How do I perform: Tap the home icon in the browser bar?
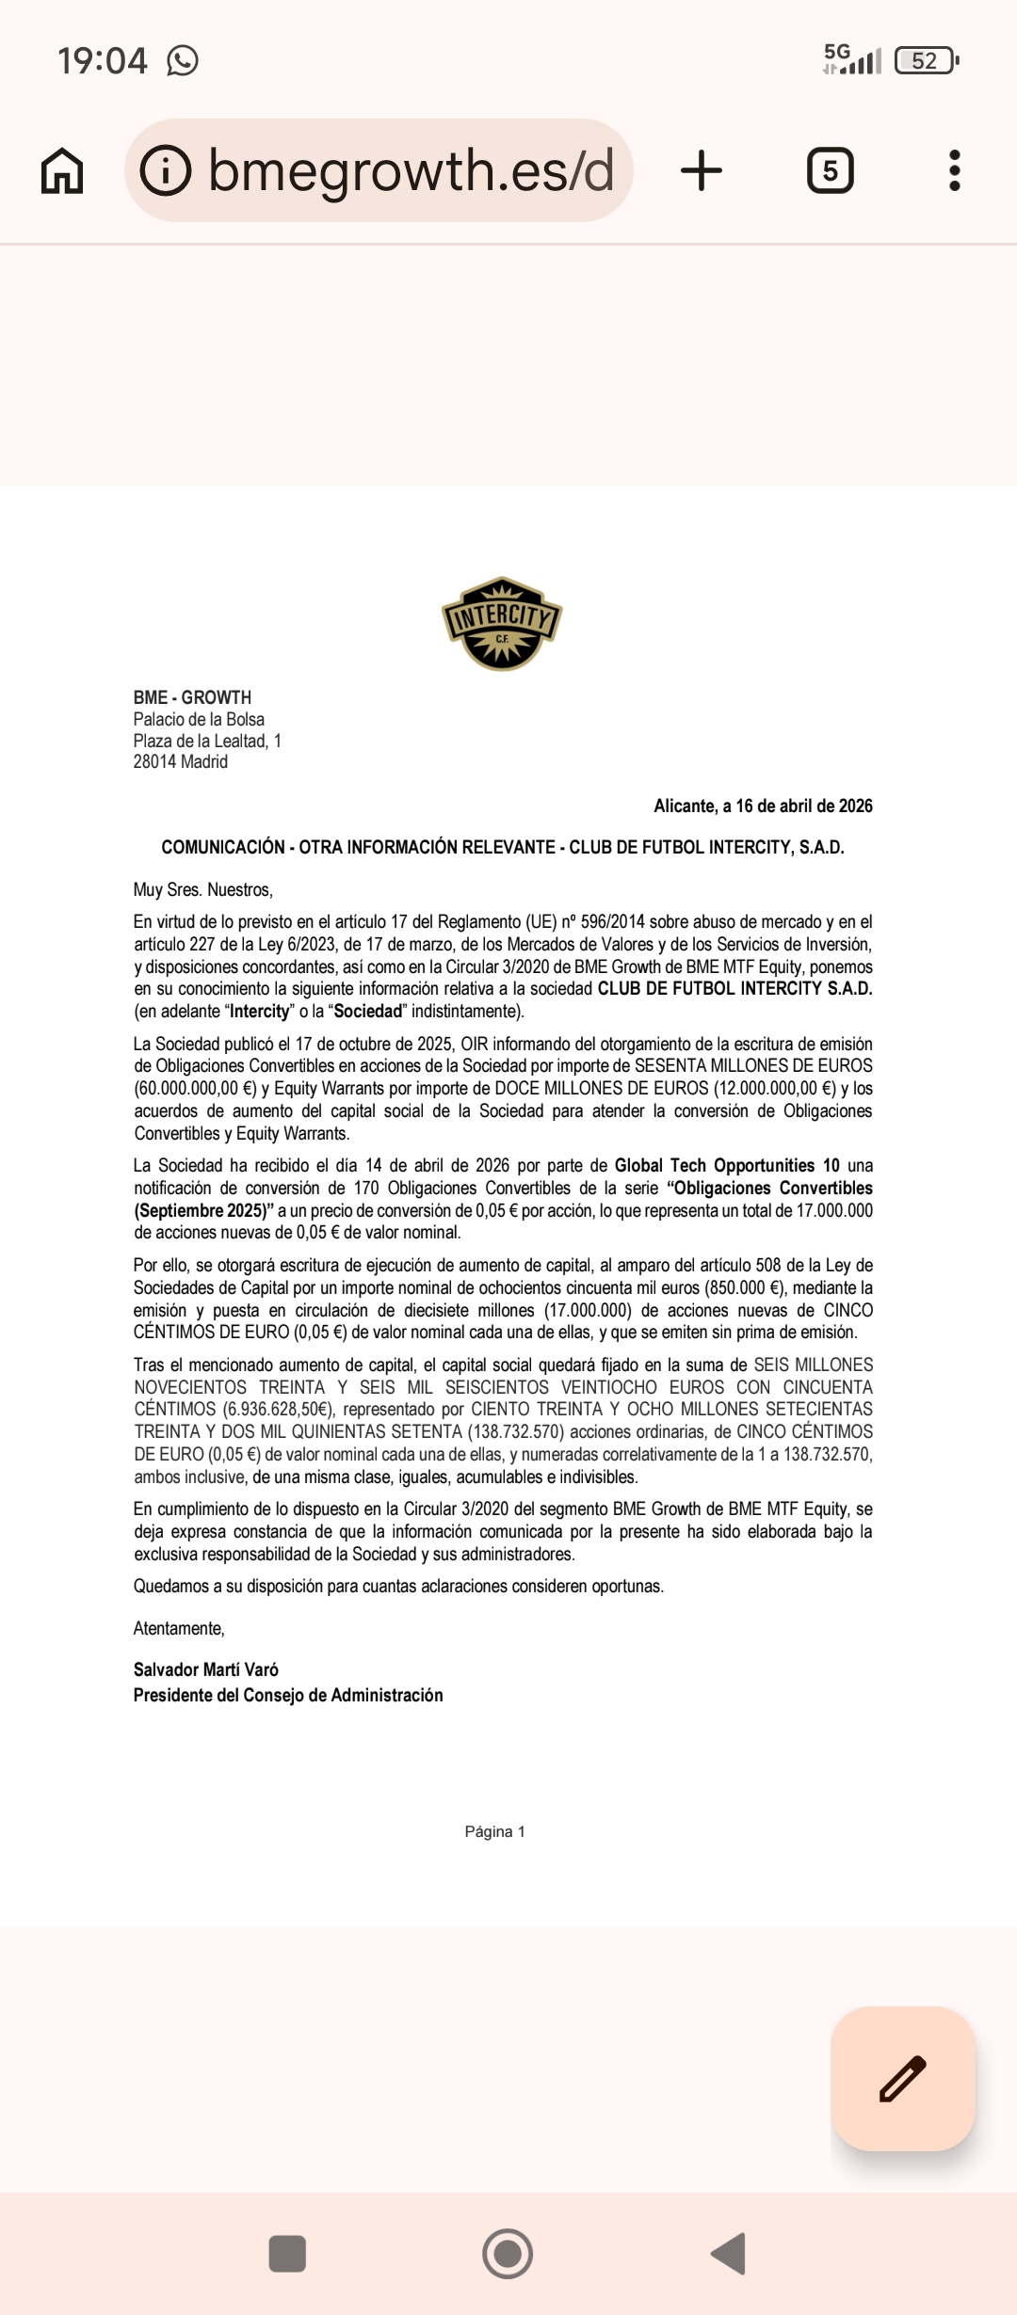pyautogui.click(x=62, y=171)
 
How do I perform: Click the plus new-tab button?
pyautogui.click(x=701, y=171)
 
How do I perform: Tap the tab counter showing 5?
pyautogui.click(x=830, y=171)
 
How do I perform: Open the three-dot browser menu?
pyautogui.click(x=954, y=171)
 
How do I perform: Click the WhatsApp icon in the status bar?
pyautogui.click(x=183, y=61)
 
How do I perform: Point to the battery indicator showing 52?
pyautogui.click(x=926, y=61)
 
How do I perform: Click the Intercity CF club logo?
pyautogui.click(x=502, y=623)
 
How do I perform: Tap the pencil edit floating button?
pyautogui.click(x=902, y=2079)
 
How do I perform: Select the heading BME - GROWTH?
pyautogui.click(x=192, y=697)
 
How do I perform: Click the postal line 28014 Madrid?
pyautogui.click(x=181, y=761)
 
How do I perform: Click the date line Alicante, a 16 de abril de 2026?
pyautogui.click(x=763, y=806)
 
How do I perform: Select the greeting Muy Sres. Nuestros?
pyautogui.click(x=203, y=889)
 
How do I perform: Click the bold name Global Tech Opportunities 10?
pyautogui.click(x=726, y=1165)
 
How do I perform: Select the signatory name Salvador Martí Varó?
pyautogui.click(x=206, y=1669)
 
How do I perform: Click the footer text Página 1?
pyautogui.click(x=494, y=1831)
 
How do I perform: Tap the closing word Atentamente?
pyautogui.click(x=179, y=1628)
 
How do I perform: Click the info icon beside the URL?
pyautogui.click(x=165, y=171)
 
